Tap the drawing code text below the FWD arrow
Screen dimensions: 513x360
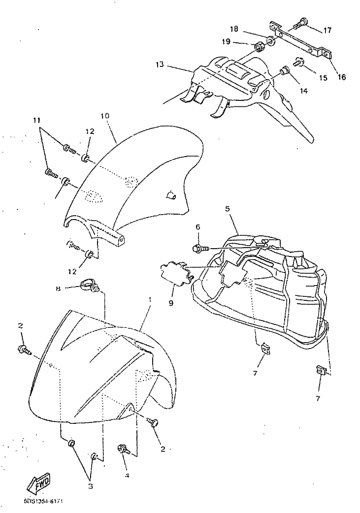(x=45, y=502)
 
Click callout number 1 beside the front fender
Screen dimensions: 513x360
(x=150, y=299)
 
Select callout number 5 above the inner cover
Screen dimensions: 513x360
(x=228, y=209)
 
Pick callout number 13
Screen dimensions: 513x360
(x=159, y=64)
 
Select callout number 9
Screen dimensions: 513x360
(x=171, y=304)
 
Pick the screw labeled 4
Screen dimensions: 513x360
(x=123, y=449)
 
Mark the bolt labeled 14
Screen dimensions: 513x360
(x=284, y=71)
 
